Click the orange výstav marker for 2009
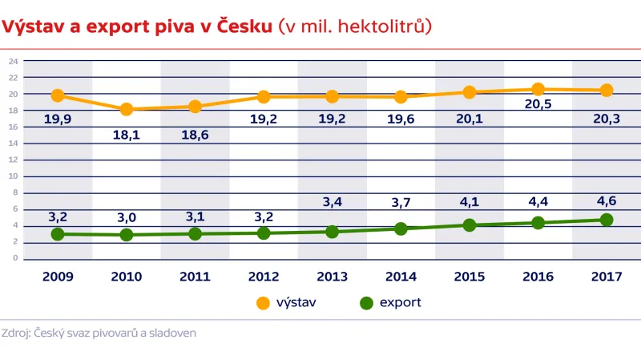(x=58, y=95)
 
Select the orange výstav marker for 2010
(x=127, y=109)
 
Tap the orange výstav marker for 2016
(x=538, y=90)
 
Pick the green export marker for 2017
(x=607, y=220)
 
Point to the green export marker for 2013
(x=332, y=232)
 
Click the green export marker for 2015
(x=470, y=225)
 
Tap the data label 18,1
(x=127, y=135)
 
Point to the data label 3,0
(x=127, y=216)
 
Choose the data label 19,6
(x=401, y=119)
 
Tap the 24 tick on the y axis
(x=14, y=61)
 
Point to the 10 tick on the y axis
(x=14, y=176)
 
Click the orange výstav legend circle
(x=263, y=303)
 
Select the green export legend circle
(x=367, y=303)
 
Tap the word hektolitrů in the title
(x=383, y=26)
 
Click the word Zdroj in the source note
(x=14, y=332)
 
